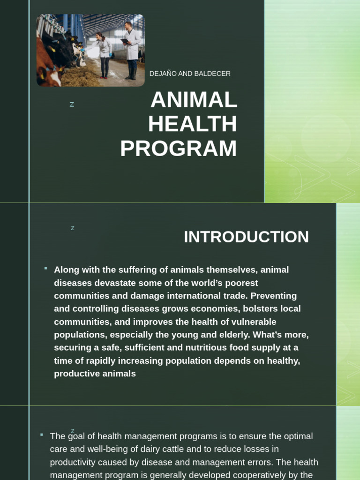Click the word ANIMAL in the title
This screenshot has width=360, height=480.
click(x=194, y=100)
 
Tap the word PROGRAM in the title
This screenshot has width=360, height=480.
click(x=179, y=149)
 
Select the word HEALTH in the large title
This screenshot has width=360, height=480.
click(x=193, y=124)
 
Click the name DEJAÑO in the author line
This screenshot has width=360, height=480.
click(x=163, y=74)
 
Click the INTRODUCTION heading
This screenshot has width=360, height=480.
click(x=246, y=237)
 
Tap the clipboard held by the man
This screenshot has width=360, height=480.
click(x=125, y=41)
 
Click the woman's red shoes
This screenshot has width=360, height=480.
click(x=104, y=77)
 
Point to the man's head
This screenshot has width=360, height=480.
click(x=128, y=25)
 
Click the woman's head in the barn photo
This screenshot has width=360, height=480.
click(x=99, y=36)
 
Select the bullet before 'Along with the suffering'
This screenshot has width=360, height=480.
click(x=45, y=268)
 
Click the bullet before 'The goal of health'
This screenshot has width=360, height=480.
click(x=42, y=435)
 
